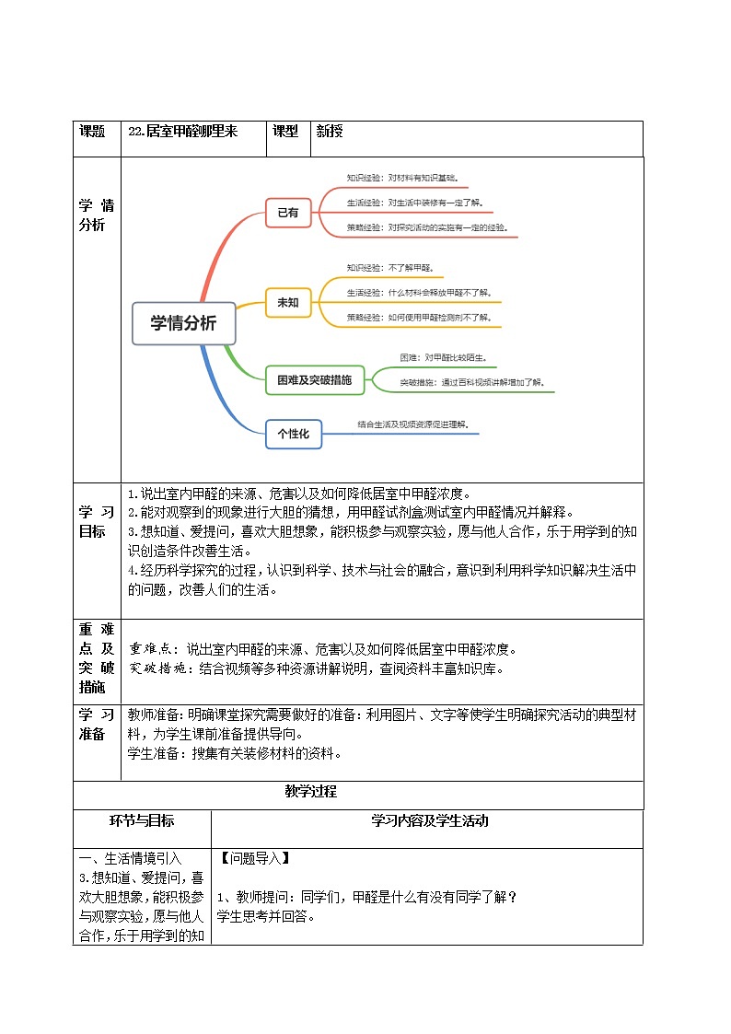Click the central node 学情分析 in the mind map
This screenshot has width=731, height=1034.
tap(183, 323)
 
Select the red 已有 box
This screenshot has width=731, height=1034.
tap(288, 212)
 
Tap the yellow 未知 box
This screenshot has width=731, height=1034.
tap(288, 302)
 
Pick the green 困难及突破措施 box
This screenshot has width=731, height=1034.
tap(314, 379)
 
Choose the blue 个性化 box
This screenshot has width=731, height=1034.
tap(294, 433)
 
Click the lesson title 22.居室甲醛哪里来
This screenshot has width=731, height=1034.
tap(184, 132)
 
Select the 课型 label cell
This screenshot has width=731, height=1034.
tap(285, 132)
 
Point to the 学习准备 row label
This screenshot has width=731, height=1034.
tap(96, 724)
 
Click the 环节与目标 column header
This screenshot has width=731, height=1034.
tap(142, 820)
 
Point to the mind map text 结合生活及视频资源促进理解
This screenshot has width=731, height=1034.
tap(412, 424)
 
